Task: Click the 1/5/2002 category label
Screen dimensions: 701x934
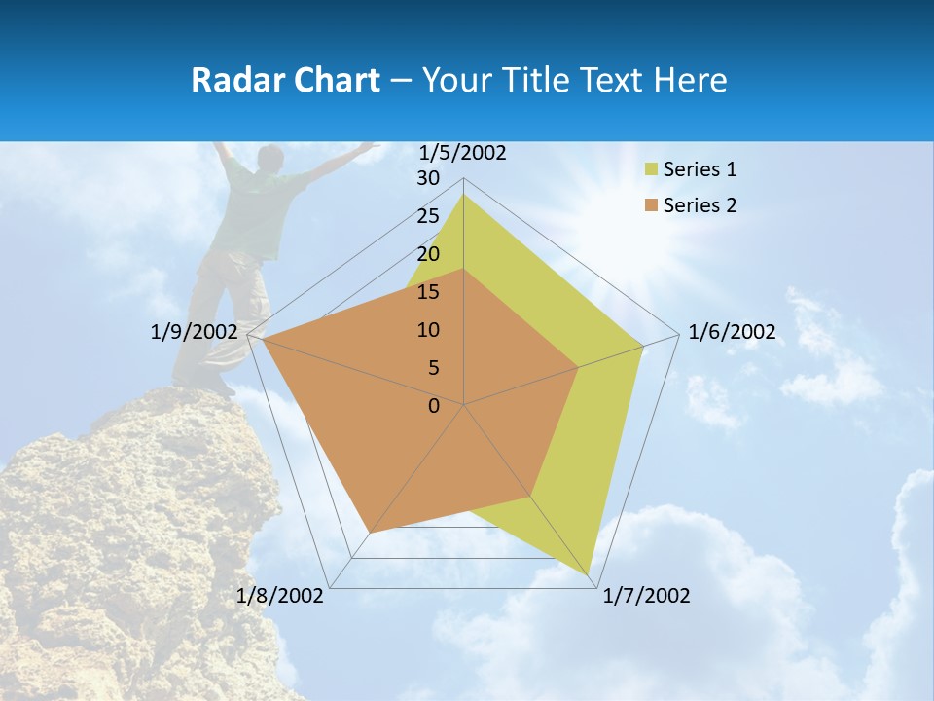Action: pos(462,153)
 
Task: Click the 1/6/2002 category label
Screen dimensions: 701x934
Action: pos(732,332)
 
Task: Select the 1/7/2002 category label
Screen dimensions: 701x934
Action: pos(646,596)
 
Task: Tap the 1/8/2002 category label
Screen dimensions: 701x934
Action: pos(280,596)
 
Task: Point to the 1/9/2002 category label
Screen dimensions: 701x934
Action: pos(194,332)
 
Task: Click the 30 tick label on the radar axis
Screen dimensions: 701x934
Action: pos(428,178)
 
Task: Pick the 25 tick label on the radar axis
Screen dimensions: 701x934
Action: pos(428,216)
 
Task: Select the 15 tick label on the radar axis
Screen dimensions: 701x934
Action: pos(428,292)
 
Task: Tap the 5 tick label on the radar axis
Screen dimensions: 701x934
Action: pos(433,368)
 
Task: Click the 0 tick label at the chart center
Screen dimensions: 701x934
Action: pos(434,406)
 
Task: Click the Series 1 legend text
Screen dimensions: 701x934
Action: pos(700,169)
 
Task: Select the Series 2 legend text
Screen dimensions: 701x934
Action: pos(700,205)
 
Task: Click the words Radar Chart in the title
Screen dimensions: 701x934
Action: pos(285,80)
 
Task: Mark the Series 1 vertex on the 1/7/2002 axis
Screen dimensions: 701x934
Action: pos(590,577)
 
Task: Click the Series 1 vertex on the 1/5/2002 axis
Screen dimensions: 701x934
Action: pos(463,195)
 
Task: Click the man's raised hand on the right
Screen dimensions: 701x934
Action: pos(368,146)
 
